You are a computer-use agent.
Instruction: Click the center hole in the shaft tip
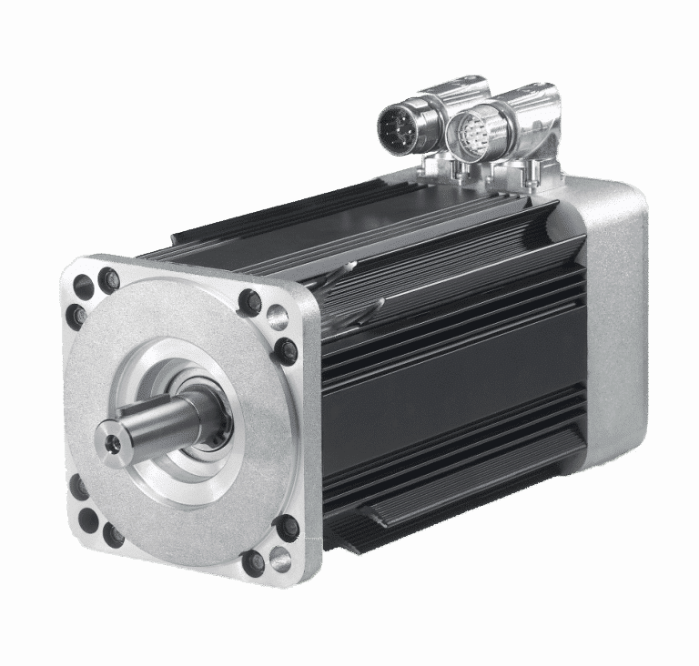[111, 440]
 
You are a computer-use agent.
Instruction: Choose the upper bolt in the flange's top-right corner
[250, 303]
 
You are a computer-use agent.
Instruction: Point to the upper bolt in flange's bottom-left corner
[79, 489]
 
